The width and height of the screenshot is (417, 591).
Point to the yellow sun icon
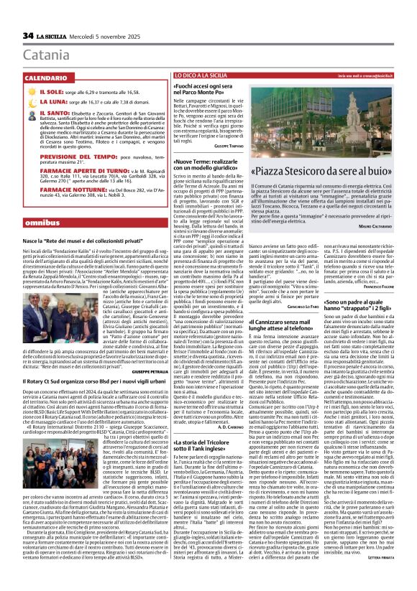pyautogui.click(x=30, y=93)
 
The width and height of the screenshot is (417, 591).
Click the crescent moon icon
pyautogui.click(x=30, y=103)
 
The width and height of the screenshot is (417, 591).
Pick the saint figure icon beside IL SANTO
pyautogui.click(x=30, y=113)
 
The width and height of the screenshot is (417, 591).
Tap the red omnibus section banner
pyautogui.click(x=40, y=223)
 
